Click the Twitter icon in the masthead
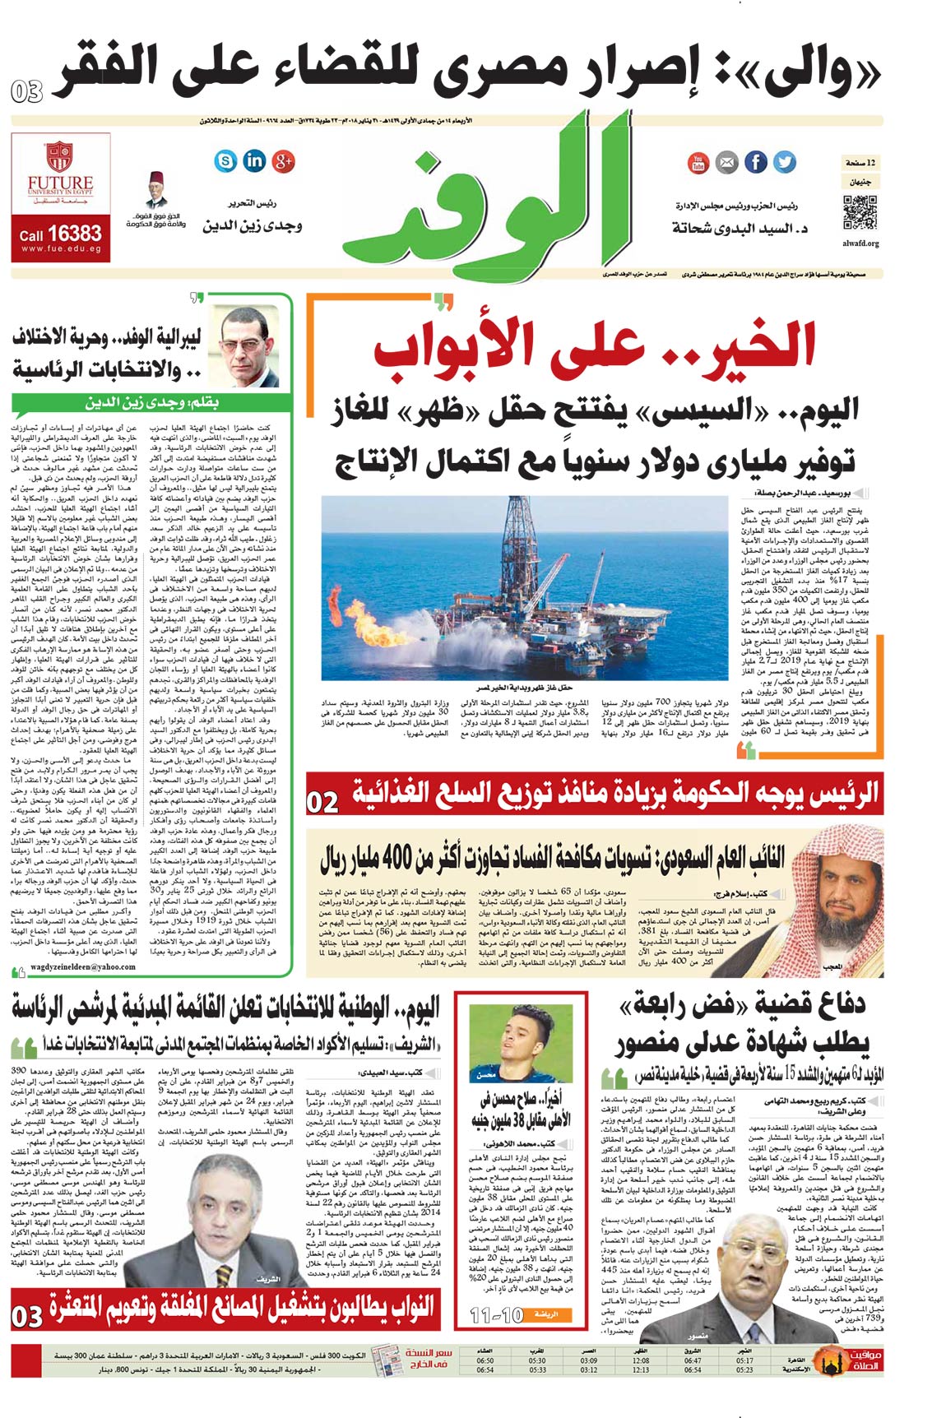click(784, 162)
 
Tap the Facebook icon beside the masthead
click(755, 162)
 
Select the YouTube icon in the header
click(698, 162)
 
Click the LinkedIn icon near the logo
click(253, 160)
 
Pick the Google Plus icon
click(283, 160)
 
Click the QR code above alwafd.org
click(860, 213)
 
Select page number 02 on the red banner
click(322, 802)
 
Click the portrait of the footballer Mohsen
click(497, 1040)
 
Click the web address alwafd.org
click(861, 243)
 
